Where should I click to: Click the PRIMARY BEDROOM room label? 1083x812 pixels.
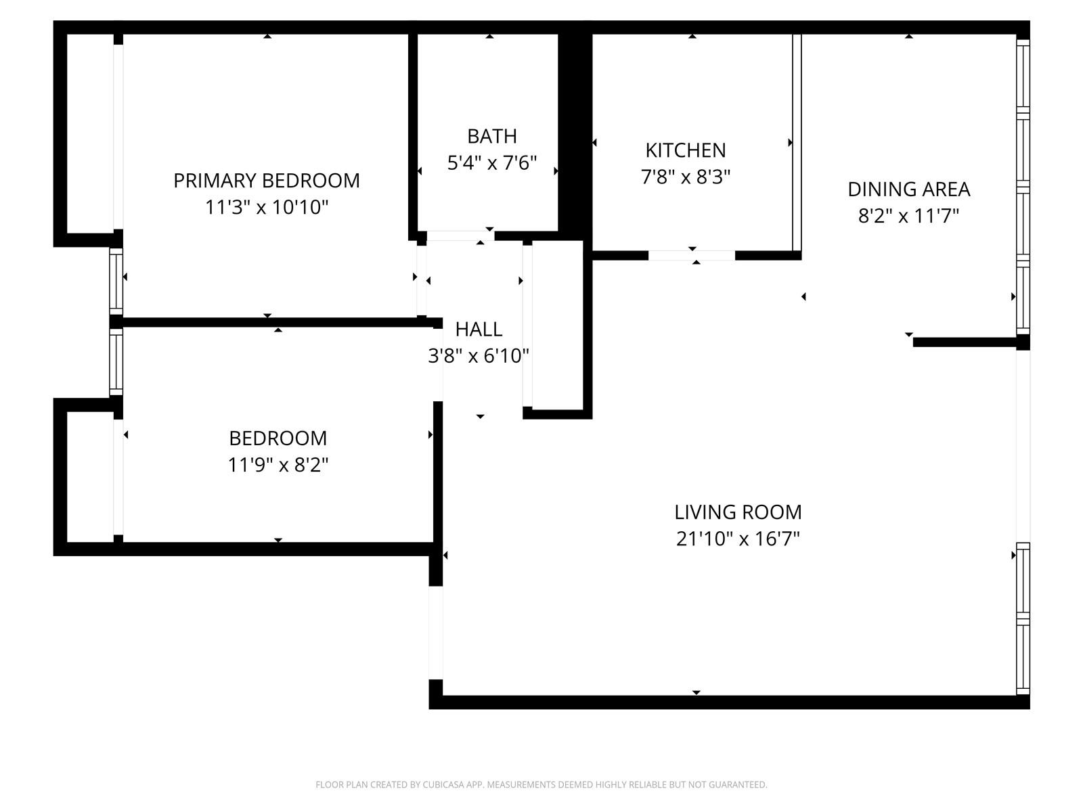pos(267,181)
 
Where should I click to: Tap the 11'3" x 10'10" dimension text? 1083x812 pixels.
pos(267,207)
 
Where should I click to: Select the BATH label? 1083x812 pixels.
pos(492,136)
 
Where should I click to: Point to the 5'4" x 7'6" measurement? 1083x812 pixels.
pos(492,162)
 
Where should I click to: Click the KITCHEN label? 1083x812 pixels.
pos(686,150)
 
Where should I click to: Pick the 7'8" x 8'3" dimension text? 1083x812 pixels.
pos(686,177)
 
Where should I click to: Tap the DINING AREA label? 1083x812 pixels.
pos(909,189)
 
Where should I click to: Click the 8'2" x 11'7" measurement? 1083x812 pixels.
pos(909,215)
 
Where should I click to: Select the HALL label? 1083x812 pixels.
pos(479,330)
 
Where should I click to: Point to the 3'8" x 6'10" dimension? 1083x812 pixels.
pos(479,355)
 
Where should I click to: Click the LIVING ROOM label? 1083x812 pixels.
pos(738,512)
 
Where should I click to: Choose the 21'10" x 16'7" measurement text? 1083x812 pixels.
pos(738,539)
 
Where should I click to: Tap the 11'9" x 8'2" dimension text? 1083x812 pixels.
pos(278,464)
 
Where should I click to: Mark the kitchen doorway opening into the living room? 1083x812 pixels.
pos(692,255)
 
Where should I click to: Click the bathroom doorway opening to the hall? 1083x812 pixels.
pos(460,235)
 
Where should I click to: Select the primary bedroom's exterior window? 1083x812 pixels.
pos(116,281)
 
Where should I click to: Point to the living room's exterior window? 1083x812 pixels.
pos(1023,618)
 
